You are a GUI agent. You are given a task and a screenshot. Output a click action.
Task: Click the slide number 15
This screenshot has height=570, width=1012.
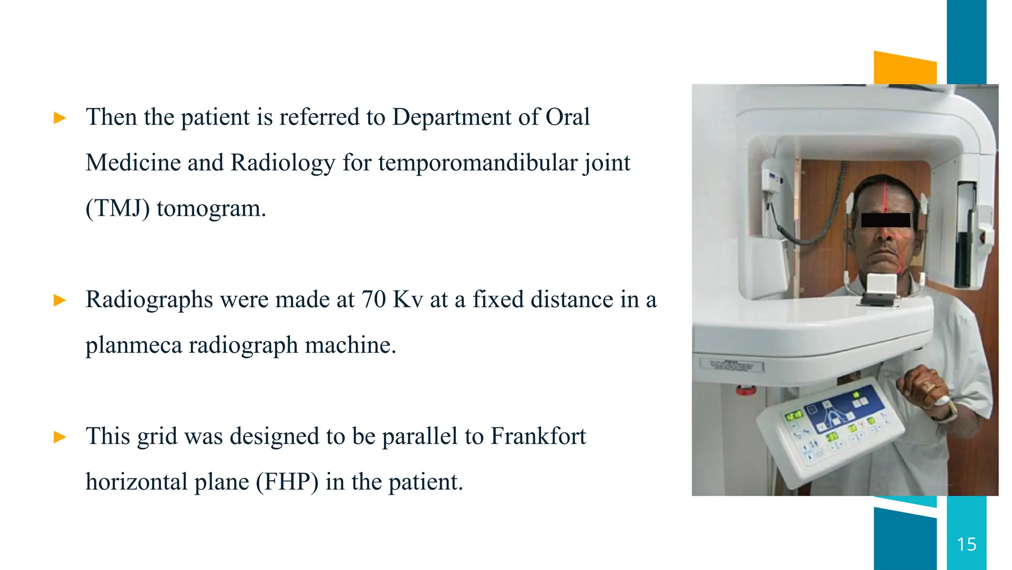click(967, 544)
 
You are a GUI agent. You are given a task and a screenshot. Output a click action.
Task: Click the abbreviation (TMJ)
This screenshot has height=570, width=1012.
click(118, 208)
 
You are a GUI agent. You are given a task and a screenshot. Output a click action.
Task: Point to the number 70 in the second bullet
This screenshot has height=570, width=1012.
click(374, 299)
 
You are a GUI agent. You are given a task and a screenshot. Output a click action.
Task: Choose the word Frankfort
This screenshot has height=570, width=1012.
click(538, 436)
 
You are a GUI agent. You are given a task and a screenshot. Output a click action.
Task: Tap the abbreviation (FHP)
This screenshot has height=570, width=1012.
click(287, 482)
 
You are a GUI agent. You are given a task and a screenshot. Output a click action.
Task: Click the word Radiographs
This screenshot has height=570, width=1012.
click(149, 300)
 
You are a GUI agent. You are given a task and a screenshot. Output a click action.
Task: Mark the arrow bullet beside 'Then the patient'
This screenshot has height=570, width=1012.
click(60, 118)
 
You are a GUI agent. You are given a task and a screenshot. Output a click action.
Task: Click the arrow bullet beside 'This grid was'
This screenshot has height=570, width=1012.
click(60, 437)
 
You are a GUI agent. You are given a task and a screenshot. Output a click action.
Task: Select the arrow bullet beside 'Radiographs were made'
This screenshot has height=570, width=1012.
click(60, 300)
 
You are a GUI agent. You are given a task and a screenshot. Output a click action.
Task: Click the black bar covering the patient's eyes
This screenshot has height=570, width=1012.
click(885, 220)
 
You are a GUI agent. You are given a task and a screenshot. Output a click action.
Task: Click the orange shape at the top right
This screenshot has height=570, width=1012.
click(905, 68)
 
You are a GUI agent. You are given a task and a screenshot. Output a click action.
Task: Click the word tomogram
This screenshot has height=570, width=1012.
click(211, 208)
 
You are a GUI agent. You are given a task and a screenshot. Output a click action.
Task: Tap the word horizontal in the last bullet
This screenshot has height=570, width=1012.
click(136, 482)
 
